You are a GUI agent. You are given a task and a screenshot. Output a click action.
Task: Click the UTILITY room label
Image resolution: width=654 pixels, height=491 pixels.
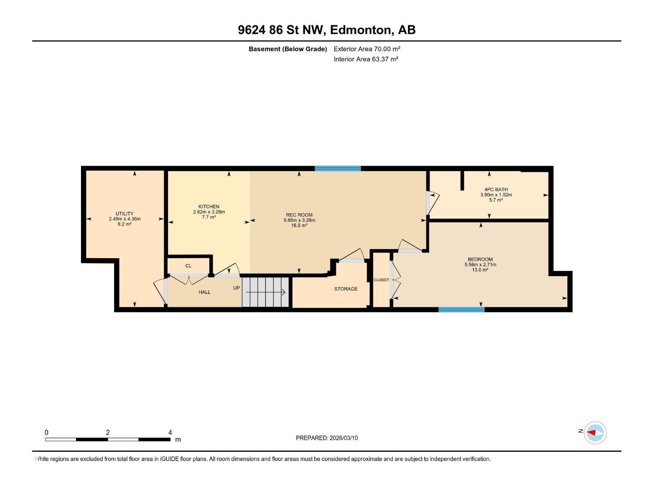point(124,214)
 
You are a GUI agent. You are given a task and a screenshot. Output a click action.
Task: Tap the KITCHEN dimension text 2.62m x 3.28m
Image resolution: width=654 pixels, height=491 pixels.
point(209,212)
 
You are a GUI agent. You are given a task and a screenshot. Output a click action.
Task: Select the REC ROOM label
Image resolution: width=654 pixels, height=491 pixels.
point(299,215)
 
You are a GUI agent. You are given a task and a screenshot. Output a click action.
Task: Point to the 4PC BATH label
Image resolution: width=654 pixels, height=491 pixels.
point(496,189)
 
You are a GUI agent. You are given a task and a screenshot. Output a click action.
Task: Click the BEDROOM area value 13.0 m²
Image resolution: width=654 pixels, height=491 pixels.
point(480,270)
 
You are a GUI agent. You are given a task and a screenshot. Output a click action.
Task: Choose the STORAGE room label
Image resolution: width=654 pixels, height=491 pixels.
point(346,289)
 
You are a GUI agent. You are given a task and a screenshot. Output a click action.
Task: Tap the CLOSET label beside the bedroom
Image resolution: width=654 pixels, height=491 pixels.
point(381,280)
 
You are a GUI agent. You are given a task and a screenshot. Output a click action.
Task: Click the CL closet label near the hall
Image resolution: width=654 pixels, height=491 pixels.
point(188,266)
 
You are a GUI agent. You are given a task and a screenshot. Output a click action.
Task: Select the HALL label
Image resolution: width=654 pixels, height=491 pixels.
point(204,292)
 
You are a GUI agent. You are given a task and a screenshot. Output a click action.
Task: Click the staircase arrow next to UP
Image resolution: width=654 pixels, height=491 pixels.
point(266,292)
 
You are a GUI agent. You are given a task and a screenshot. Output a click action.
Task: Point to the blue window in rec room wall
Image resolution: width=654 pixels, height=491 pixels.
point(338,168)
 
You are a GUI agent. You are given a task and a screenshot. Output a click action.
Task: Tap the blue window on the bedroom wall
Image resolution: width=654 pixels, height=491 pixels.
point(461,310)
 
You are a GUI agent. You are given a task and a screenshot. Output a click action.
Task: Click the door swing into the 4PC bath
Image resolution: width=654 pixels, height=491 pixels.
point(433,203)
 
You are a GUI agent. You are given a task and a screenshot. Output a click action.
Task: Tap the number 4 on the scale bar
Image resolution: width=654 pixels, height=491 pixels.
point(170,432)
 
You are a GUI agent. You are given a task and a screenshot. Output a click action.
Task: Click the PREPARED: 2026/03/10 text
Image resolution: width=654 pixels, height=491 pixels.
point(327,438)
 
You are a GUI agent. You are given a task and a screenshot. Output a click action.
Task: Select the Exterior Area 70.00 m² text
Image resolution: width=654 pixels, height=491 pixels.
point(367,49)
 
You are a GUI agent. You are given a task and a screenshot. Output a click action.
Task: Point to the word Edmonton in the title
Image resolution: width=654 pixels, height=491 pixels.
point(359,30)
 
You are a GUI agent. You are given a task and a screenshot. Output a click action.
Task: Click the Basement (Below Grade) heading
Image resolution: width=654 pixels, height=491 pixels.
point(288,49)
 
